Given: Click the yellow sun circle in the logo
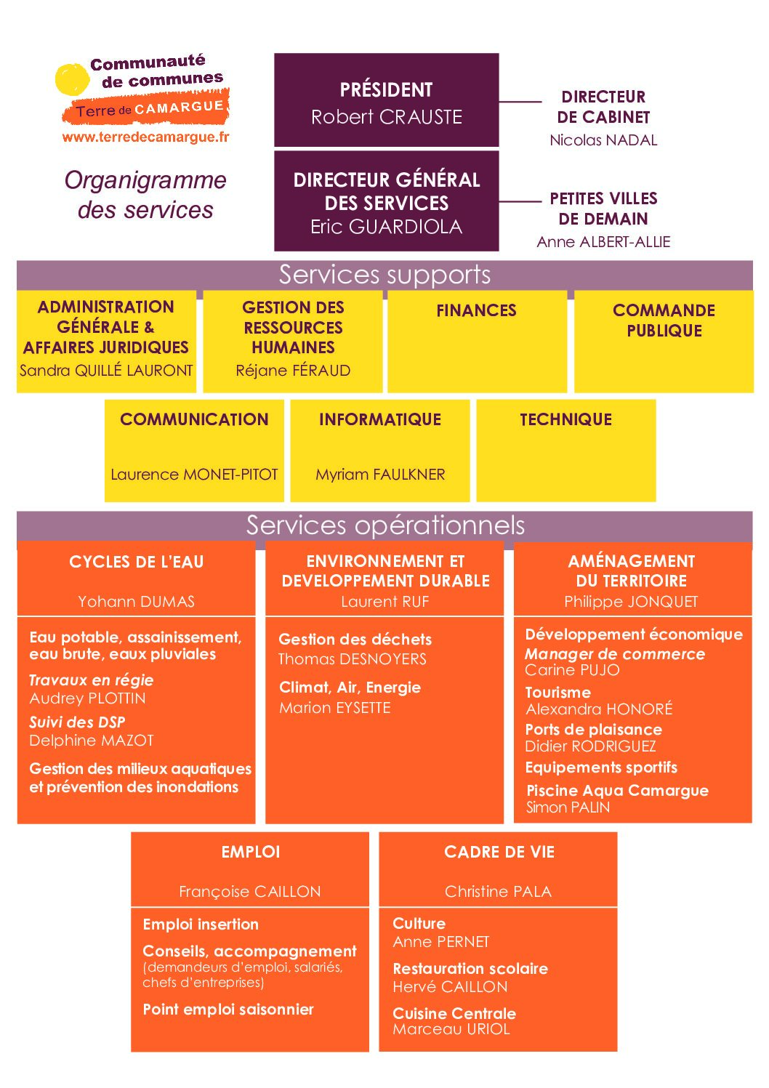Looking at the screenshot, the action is [72, 78].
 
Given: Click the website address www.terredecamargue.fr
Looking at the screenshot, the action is [146, 137].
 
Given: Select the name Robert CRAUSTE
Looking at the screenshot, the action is [386, 117].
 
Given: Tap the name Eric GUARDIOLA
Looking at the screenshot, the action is [386, 227].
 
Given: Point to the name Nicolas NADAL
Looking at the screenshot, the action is [603, 140].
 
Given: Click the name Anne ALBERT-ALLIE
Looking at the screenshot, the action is [603, 242].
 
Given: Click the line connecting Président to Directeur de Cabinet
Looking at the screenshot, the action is [520, 102].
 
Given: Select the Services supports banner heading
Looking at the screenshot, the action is [384, 275].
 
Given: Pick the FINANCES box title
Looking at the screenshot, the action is [476, 310].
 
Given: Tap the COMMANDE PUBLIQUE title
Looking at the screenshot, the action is [664, 321].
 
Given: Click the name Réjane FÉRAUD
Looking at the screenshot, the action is [293, 371].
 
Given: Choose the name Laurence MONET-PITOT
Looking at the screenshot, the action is [194, 475].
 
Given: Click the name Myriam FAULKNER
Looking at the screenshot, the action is [380, 475].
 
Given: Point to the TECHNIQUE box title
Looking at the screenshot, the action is [565, 419].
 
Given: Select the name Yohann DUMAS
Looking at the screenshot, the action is [136, 602].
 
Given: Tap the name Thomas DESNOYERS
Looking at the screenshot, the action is [353, 659].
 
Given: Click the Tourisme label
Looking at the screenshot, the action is [557, 693].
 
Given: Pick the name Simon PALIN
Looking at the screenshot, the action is [568, 807].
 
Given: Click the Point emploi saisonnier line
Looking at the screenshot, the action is [228, 1010].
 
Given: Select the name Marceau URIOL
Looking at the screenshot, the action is [451, 1028].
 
